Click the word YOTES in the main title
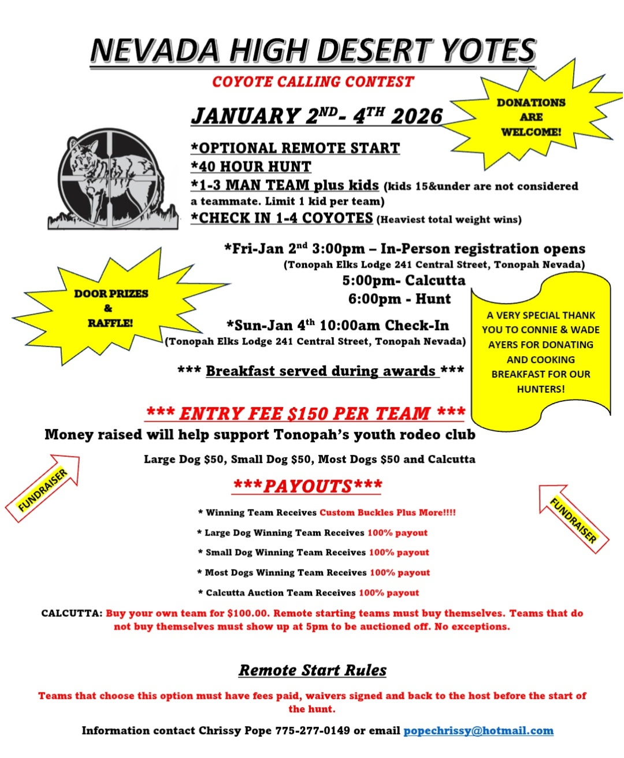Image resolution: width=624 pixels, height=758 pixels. (x=489, y=50)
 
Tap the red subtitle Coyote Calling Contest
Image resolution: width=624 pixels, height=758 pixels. (x=313, y=82)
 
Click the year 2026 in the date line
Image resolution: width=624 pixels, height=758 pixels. (x=416, y=116)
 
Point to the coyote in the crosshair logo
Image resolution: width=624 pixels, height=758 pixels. (x=110, y=176)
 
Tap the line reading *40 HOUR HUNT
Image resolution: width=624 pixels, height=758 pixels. (x=251, y=167)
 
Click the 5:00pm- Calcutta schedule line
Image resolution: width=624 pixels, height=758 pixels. (x=403, y=280)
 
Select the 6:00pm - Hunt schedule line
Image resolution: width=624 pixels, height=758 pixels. (x=399, y=299)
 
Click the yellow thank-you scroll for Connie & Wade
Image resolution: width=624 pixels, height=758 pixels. (x=540, y=352)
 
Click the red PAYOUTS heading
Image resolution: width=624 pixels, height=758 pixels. (x=307, y=486)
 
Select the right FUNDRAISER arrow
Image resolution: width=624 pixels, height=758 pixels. (x=573, y=519)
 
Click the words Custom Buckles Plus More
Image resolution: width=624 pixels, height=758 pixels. (x=387, y=512)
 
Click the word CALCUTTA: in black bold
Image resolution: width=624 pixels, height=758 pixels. (x=72, y=613)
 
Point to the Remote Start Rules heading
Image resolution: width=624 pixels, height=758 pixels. (x=313, y=670)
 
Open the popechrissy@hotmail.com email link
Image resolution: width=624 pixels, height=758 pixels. (x=478, y=731)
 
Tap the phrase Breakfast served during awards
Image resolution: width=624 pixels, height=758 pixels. (x=321, y=371)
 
